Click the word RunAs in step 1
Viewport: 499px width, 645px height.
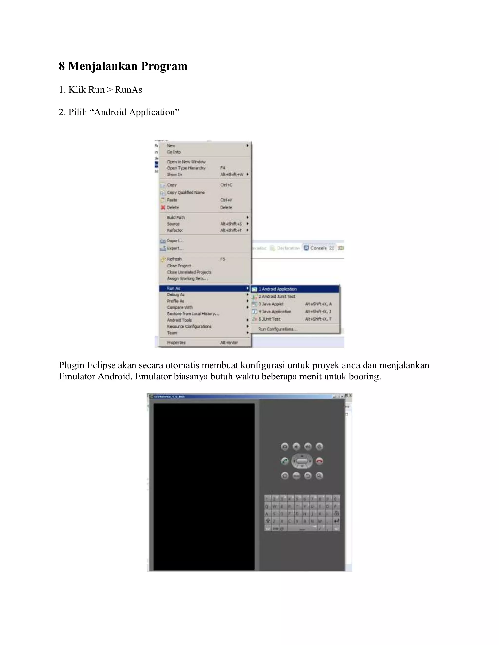128,90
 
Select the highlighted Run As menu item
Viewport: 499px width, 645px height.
174,288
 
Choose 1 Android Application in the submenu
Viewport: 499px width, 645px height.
278,289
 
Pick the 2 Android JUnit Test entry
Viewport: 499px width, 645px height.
277,296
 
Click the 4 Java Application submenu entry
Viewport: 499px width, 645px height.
275,312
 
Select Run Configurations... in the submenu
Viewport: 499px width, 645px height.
278,329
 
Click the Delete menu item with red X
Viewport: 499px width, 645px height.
173,208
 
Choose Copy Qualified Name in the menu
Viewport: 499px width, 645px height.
186,193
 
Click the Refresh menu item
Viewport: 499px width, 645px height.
174,259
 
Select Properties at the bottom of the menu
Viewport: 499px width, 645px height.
176,343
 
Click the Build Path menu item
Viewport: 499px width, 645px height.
176,218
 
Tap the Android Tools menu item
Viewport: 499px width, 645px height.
179,320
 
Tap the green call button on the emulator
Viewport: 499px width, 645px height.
284,461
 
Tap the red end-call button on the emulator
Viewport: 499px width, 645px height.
319,461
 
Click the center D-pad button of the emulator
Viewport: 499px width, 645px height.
302,461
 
